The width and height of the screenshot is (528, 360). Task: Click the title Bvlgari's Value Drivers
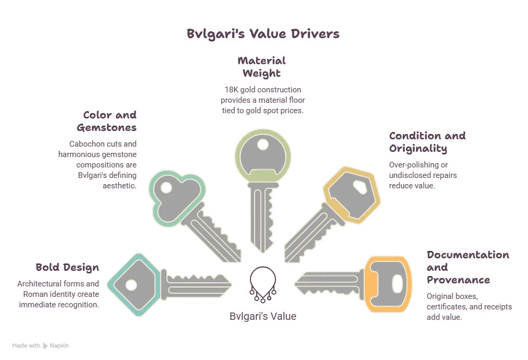pyautogui.click(x=263, y=34)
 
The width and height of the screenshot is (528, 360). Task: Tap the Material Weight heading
pyautogui.click(x=261, y=67)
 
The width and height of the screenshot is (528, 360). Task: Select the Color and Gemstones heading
pyautogui.click(x=107, y=121)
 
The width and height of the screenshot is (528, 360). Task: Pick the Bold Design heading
pyautogui.click(x=67, y=267)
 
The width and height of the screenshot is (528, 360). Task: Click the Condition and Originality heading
pyautogui.click(x=427, y=142)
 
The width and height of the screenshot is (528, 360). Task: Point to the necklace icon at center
pyautogui.click(x=263, y=284)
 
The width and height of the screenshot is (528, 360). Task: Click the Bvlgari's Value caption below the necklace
pyautogui.click(x=263, y=316)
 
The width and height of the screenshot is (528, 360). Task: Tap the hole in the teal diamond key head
pyautogui.click(x=131, y=285)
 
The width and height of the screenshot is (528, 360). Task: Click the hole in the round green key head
pyautogui.click(x=263, y=145)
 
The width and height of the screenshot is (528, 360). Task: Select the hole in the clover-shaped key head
pyautogui.click(x=166, y=188)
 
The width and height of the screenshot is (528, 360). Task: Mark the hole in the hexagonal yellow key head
pyautogui.click(x=360, y=187)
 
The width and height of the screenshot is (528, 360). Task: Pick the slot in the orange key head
pyautogui.click(x=398, y=284)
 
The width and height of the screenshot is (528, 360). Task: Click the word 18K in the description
pyautogui.click(x=231, y=90)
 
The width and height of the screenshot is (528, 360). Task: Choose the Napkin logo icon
pyautogui.click(x=45, y=346)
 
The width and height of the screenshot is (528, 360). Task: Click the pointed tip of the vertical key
pyautogui.click(x=263, y=252)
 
